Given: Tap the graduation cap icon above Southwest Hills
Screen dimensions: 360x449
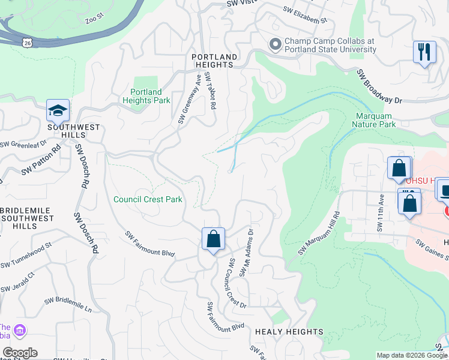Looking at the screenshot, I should point(58,112).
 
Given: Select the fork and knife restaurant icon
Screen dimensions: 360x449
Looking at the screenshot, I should point(424,52).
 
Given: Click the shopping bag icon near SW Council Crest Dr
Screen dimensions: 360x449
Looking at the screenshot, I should point(213,240).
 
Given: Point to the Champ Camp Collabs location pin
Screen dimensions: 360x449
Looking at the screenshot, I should point(276,45).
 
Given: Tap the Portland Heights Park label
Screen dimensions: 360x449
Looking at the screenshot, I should point(146,96).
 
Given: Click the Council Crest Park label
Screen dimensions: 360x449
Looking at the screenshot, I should point(148,199).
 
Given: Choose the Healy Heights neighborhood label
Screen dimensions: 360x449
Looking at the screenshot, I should point(289,332).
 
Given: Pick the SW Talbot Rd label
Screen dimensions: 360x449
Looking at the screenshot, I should point(210,91).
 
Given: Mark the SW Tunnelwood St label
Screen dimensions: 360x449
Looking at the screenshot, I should point(27,256).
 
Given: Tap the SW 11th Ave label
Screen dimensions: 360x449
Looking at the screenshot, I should point(380,213).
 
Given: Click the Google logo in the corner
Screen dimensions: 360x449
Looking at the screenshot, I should point(19,353).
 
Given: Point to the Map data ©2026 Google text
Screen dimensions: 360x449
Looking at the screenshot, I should point(411,355).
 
